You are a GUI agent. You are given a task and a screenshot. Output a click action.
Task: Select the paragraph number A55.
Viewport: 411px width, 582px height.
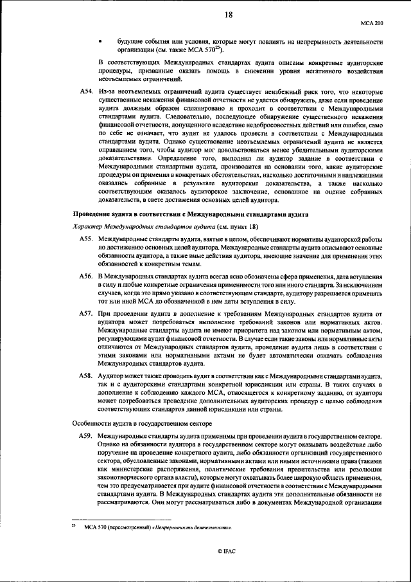click(x=87, y=239)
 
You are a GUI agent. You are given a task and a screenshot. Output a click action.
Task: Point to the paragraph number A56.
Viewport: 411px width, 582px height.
click(x=87, y=276)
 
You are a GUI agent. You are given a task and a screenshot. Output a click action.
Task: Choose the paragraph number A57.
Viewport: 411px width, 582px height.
click(x=87, y=313)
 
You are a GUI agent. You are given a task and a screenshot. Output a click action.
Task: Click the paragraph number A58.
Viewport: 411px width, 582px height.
click(x=87, y=375)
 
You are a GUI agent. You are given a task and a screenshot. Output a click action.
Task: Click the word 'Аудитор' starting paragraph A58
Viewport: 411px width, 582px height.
click(x=110, y=375)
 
